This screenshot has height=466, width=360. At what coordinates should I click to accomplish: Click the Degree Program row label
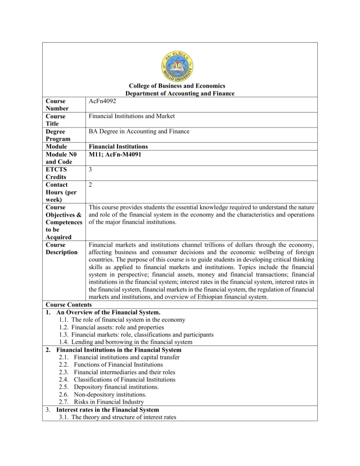(57, 135)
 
